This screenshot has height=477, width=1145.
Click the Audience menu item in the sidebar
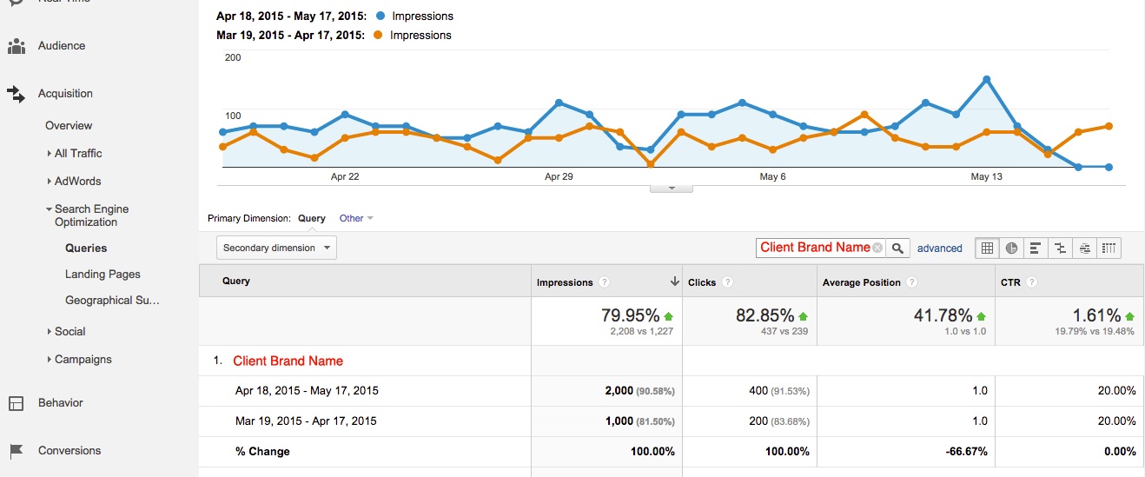click(61, 46)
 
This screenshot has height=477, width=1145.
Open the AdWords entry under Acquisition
click(77, 182)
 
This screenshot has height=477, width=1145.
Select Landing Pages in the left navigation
click(103, 275)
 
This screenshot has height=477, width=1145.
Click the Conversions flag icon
click(16, 451)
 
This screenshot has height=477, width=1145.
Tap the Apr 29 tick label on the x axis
click(559, 176)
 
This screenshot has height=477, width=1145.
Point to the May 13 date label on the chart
click(986, 176)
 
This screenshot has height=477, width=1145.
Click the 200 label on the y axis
click(233, 57)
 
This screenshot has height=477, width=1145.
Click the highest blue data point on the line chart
click(987, 79)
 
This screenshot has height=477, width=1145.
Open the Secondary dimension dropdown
click(276, 248)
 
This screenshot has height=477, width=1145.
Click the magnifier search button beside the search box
click(898, 248)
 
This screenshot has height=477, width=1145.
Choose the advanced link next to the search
click(939, 248)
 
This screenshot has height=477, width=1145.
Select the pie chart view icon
click(1011, 248)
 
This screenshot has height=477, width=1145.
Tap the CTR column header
click(1010, 282)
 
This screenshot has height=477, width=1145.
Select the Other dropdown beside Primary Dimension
click(355, 218)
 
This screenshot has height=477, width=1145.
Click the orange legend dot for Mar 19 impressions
click(377, 36)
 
